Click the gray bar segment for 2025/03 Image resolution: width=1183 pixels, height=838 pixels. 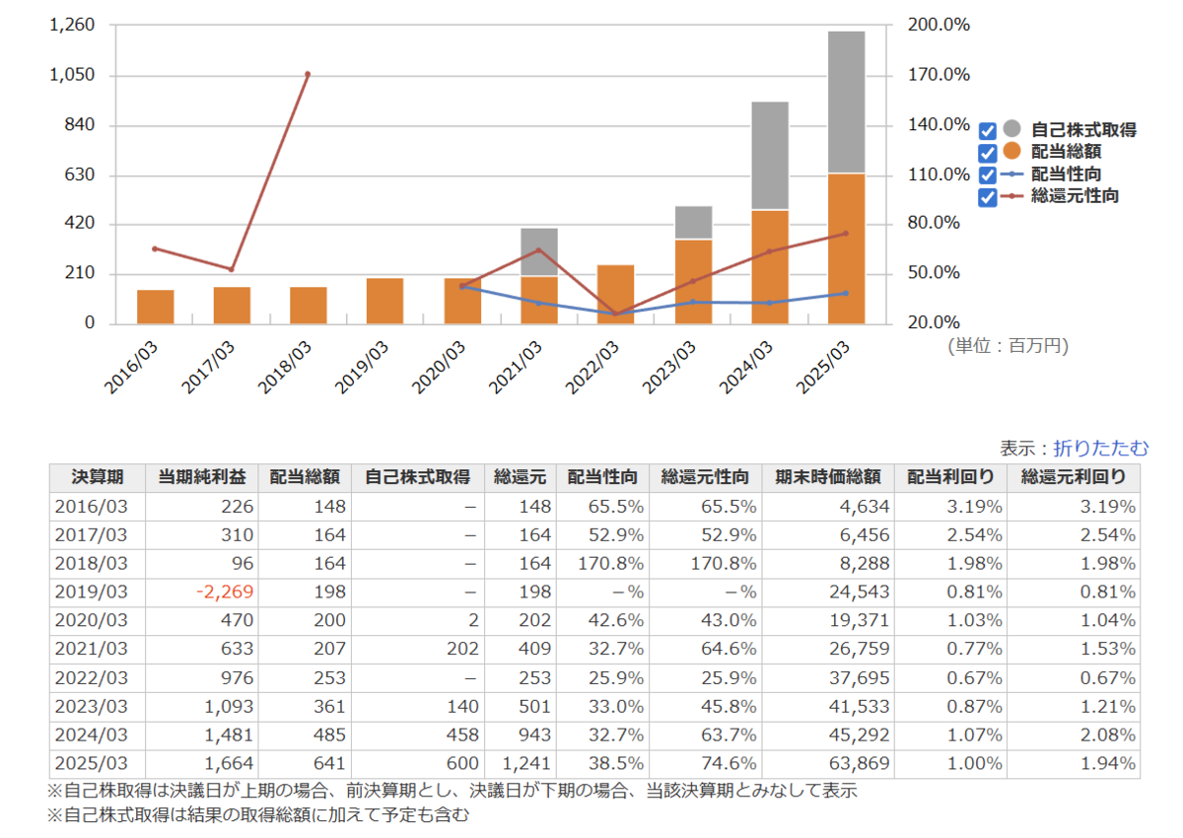(846, 102)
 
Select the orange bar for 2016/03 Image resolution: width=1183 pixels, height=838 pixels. (156, 307)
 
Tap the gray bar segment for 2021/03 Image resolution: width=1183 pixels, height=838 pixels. (539, 251)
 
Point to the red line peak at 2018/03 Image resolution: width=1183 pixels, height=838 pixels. (308, 74)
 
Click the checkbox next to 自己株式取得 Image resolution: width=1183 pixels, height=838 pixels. (989, 131)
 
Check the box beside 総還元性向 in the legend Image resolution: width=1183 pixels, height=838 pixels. (989, 197)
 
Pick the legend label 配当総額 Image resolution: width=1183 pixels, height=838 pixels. (1066, 152)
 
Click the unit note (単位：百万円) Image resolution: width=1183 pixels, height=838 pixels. (1007, 345)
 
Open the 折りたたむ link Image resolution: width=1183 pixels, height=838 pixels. (1100, 448)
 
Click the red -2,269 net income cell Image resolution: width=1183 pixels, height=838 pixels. (226, 593)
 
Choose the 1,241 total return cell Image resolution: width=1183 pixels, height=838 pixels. (523, 764)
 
